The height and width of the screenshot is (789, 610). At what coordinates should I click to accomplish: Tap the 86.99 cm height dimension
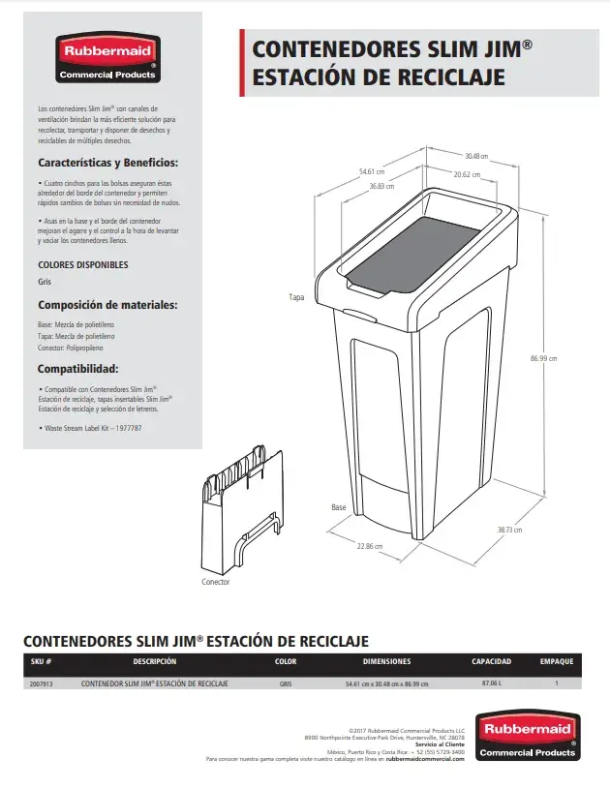tap(543, 358)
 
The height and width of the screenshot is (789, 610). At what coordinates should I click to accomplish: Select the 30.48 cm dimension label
tap(475, 156)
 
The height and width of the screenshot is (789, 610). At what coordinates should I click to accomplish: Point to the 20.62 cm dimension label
tap(467, 174)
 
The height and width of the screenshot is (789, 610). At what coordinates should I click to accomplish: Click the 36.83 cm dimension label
tap(382, 186)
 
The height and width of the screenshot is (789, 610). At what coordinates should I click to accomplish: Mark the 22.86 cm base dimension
tap(369, 546)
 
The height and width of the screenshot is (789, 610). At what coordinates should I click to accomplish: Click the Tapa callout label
tap(296, 297)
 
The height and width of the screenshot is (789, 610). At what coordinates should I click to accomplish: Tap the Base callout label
tap(338, 507)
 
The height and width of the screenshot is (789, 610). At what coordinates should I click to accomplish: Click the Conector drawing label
tap(216, 582)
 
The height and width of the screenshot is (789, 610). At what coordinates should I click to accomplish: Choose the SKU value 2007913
tap(41, 683)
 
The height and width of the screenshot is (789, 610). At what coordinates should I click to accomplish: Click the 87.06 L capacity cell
tap(491, 683)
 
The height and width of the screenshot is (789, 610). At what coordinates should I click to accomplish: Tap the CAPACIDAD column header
tap(491, 662)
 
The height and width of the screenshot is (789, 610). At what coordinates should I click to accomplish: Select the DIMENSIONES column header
tap(386, 662)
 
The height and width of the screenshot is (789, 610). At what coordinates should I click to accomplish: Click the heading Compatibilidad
tap(78, 369)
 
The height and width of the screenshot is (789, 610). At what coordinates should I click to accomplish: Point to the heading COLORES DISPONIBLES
tap(82, 264)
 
